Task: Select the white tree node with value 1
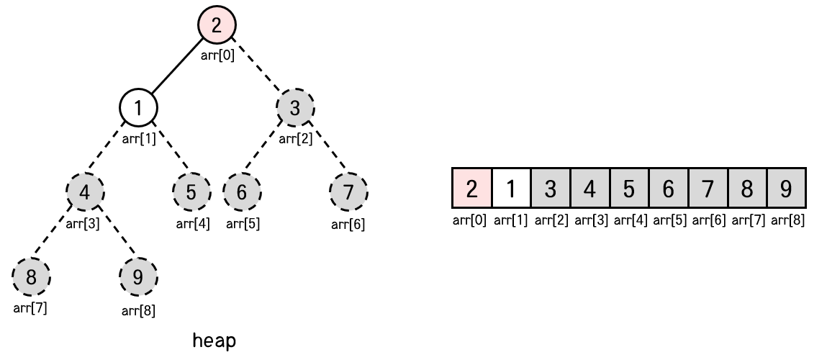pos(139,108)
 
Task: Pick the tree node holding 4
pos(85,192)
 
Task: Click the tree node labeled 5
pos(191,192)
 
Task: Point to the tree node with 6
pos(242,192)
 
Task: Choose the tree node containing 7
pos(348,192)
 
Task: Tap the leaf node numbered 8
pos(32,276)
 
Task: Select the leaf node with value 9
pos(138,276)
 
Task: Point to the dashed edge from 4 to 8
pos(58,235)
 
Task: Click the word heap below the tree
pos(214,341)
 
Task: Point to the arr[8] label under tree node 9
pos(138,311)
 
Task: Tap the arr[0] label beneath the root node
pos(217,56)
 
